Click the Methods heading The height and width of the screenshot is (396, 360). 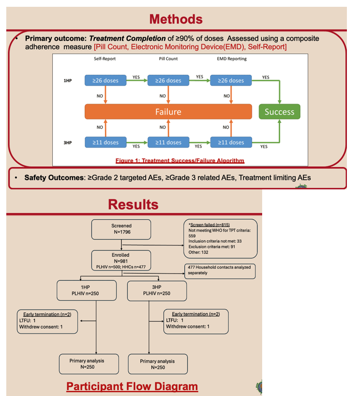click(x=176, y=19)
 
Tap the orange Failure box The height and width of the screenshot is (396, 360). click(x=168, y=111)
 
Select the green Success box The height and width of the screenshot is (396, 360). click(x=279, y=111)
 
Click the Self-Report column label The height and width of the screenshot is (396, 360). click(x=105, y=59)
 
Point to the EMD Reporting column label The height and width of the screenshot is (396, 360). click(x=232, y=59)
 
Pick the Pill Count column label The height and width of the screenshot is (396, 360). click(x=168, y=59)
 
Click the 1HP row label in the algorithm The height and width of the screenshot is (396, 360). click(x=67, y=81)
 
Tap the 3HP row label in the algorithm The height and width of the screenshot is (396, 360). click(x=67, y=143)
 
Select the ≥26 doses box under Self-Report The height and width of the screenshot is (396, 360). click(x=105, y=81)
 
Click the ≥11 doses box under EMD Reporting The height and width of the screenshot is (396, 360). click(x=231, y=142)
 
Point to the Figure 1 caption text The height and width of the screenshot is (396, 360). click(x=180, y=161)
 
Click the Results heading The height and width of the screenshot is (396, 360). click(x=133, y=205)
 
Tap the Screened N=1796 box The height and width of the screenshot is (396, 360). click(x=121, y=229)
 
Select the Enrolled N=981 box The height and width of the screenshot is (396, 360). click(x=121, y=261)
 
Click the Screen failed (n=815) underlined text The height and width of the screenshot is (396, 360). click(x=210, y=225)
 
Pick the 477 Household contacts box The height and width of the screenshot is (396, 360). click(x=220, y=271)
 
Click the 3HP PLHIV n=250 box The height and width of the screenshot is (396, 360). click(x=157, y=291)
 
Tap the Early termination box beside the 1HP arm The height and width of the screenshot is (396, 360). click(x=47, y=322)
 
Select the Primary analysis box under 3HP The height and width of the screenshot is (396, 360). click(x=158, y=364)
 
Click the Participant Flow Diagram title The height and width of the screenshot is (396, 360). click(x=132, y=387)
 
